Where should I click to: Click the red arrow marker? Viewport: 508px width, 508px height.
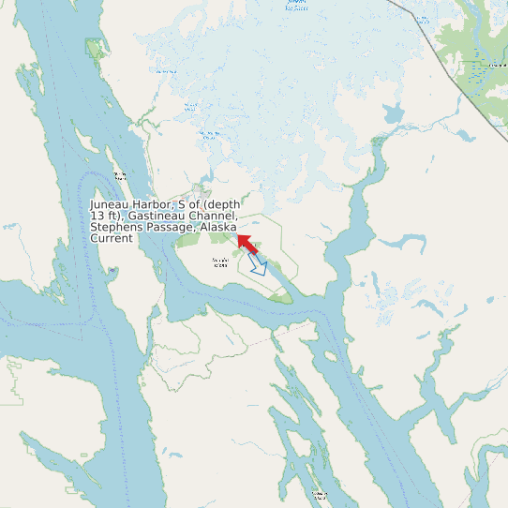[x=247, y=245]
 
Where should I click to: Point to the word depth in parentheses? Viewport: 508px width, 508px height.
[x=223, y=204]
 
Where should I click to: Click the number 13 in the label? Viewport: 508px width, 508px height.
[x=97, y=216]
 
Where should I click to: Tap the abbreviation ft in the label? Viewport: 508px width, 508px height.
[x=112, y=216]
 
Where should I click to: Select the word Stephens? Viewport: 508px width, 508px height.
[x=116, y=227]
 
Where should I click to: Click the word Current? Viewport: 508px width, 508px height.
[x=112, y=238]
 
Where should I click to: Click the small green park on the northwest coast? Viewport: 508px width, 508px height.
[x=94, y=48]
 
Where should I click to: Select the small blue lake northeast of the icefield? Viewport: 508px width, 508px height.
[x=393, y=115]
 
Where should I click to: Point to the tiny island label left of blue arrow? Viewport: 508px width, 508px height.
[x=220, y=261]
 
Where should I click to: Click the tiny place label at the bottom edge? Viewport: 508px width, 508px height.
[x=319, y=495]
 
